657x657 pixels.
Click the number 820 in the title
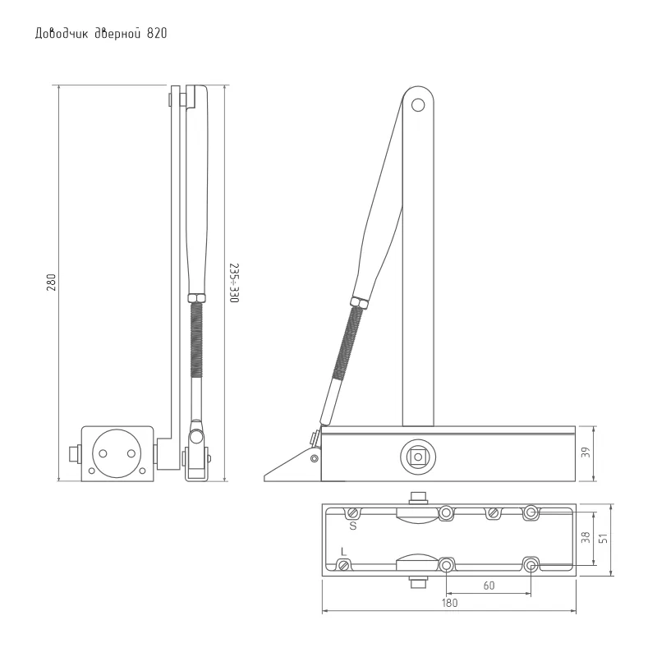(157, 34)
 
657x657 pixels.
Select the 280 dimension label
(51, 283)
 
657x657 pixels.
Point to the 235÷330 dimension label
(234, 283)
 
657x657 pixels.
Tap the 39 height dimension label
(586, 453)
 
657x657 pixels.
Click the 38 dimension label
(586, 537)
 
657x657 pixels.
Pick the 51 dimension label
(604, 538)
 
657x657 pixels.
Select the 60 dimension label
(489, 586)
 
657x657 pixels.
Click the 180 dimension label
(449, 603)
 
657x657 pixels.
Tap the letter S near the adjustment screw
(353, 526)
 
